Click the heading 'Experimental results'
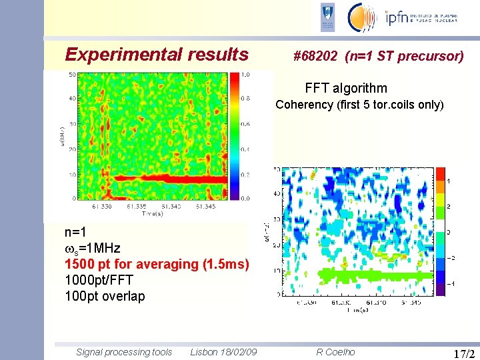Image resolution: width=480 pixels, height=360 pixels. pyautogui.click(x=157, y=55)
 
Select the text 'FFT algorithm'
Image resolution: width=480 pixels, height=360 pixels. pyautogui.click(x=345, y=88)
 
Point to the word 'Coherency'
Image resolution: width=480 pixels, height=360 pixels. pyautogui.click(x=304, y=105)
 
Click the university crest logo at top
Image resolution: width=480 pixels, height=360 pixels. pyautogui.click(x=327, y=17)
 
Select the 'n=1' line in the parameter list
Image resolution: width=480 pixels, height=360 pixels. pyautogui.click(x=75, y=233)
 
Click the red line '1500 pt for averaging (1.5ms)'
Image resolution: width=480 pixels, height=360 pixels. pyautogui.click(x=157, y=265)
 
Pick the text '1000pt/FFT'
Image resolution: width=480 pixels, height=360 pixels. pyautogui.click(x=99, y=281)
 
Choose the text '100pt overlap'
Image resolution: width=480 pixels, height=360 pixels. pyautogui.click(x=104, y=297)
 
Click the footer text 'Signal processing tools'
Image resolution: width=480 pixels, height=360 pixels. pyautogui.click(x=124, y=352)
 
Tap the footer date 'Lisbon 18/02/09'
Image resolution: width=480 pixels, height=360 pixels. pyautogui.click(x=225, y=352)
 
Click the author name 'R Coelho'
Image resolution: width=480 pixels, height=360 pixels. pyautogui.click(x=335, y=352)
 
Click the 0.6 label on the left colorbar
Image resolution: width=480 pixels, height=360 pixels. pyautogui.click(x=245, y=124)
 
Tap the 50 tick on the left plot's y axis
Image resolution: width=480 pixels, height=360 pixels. pyautogui.click(x=71, y=75)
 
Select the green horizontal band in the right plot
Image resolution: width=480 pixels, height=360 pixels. pyautogui.click(x=360, y=273)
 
